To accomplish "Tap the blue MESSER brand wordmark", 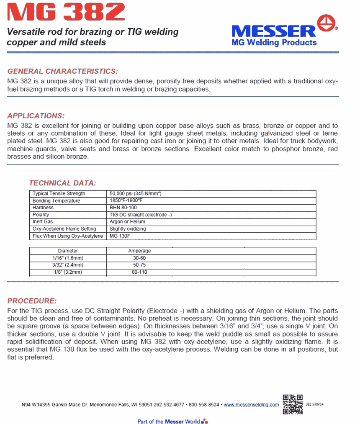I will (273, 31).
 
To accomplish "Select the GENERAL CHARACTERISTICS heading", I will (63, 71).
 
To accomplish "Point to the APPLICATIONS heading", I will (36, 116).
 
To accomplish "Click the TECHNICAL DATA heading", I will (62, 183).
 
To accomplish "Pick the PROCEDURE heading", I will (32, 301).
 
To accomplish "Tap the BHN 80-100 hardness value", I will (123, 208).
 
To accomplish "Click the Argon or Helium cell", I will (127, 222).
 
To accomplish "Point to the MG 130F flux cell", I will (119, 236).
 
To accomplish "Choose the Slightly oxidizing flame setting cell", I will (128, 229).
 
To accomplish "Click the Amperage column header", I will (139, 251).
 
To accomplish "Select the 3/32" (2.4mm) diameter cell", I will (68, 265).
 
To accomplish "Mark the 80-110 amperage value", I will (139, 272).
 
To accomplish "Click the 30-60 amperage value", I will (139, 258).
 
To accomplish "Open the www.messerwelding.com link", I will (251, 405).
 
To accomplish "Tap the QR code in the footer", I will (293, 404).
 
